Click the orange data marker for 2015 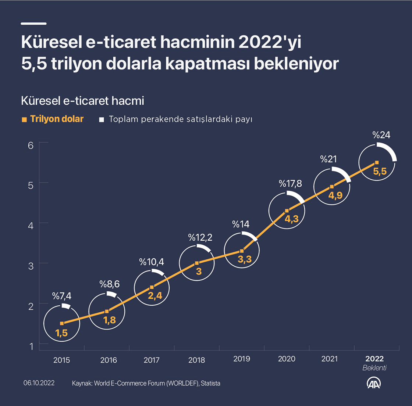(62, 323)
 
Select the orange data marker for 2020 (287, 211)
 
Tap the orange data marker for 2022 (377, 162)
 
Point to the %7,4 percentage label (61, 297)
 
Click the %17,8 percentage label (290, 184)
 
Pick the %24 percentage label (381, 135)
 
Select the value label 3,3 (244, 260)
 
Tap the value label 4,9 (335, 195)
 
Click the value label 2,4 (154, 296)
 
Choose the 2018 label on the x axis (196, 360)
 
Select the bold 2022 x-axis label (374, 359)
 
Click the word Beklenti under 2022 (374, 368)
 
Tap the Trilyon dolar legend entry (57, 119)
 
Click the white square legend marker (102, 119)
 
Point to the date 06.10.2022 (39, 383)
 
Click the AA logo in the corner (374, 383)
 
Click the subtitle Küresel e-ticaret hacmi (82, 101)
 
